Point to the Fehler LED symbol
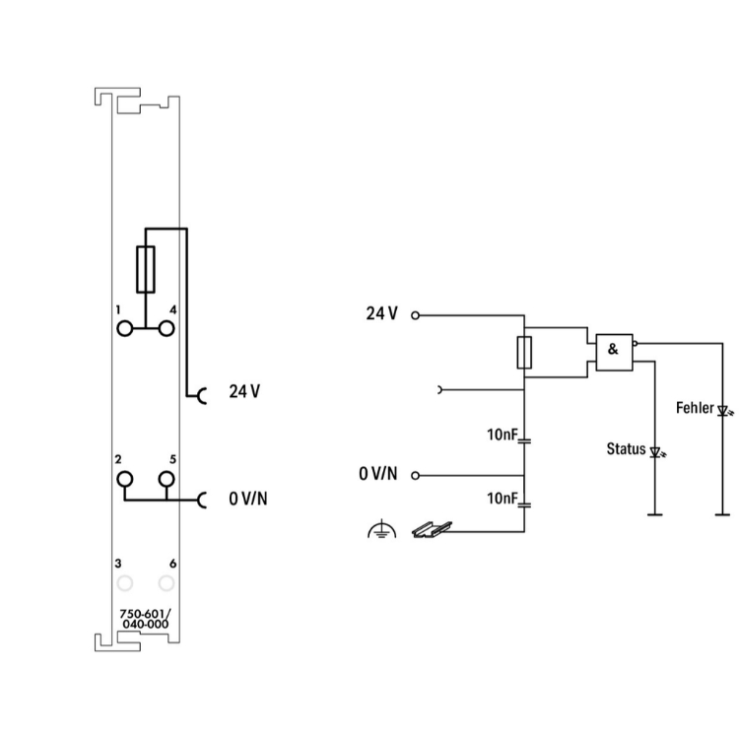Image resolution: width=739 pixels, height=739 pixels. click(723, 412)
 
